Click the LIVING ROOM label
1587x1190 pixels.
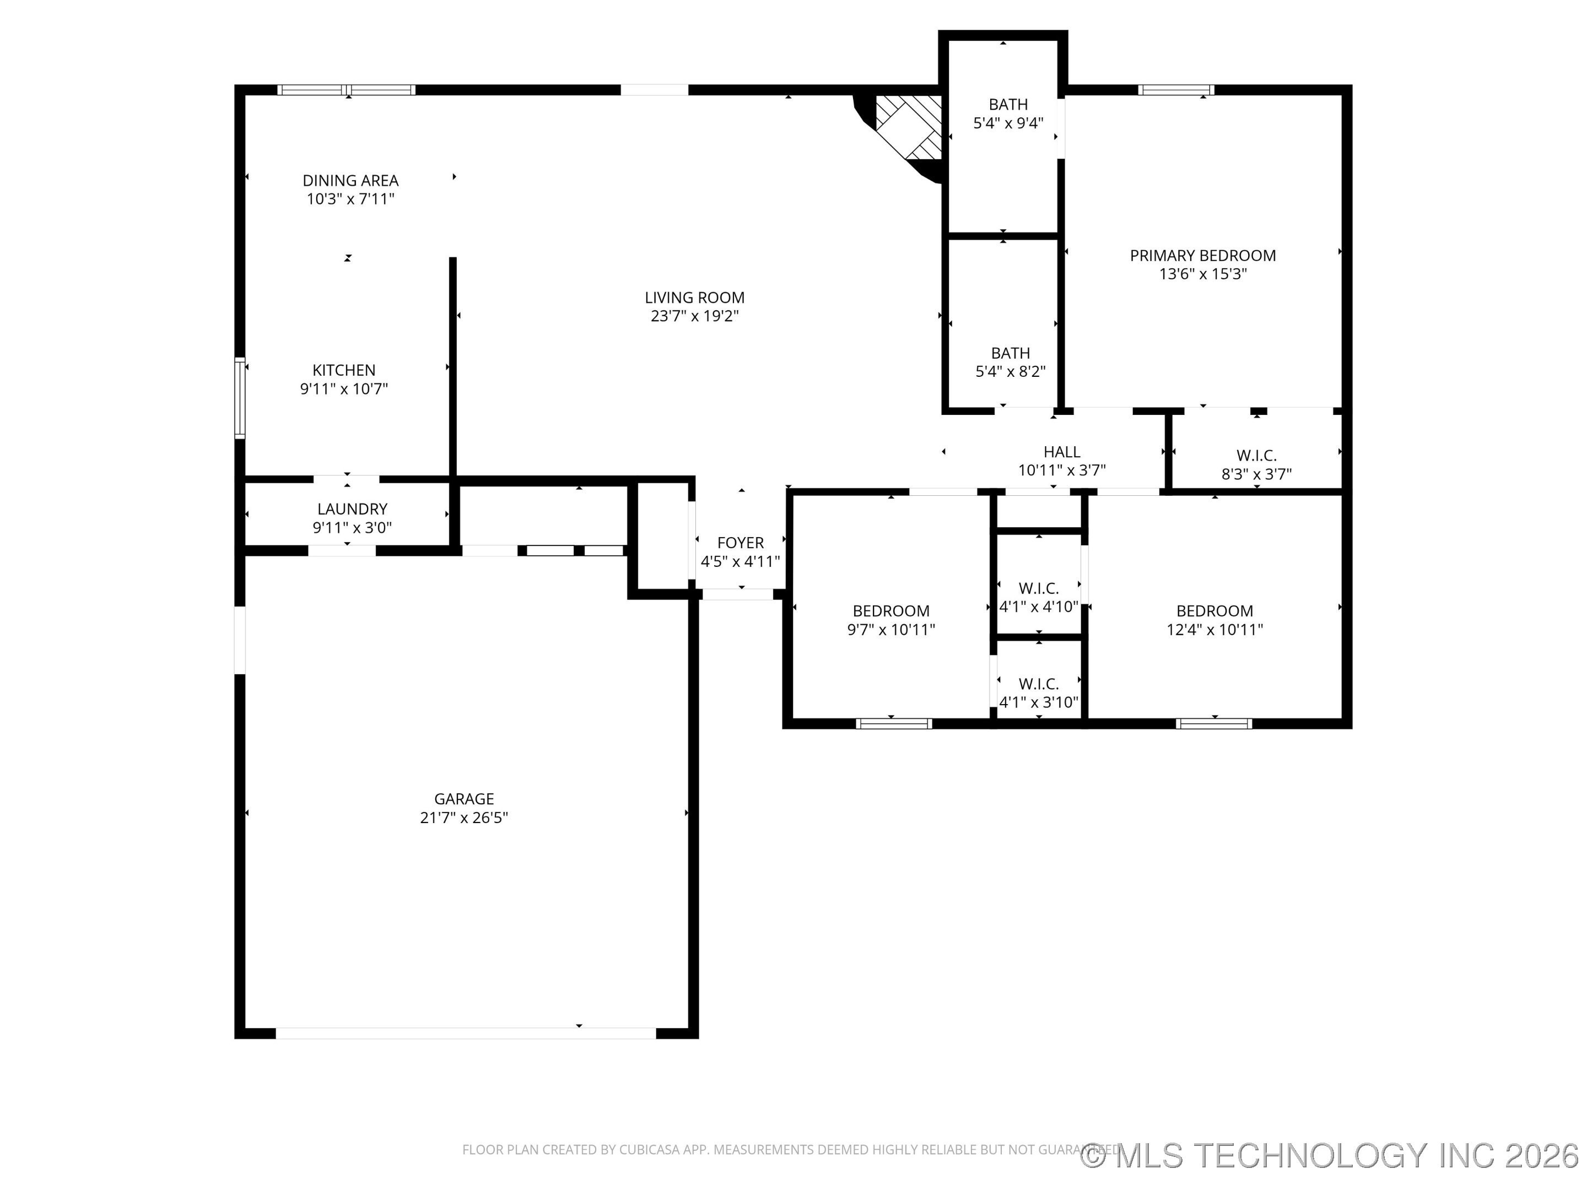694,297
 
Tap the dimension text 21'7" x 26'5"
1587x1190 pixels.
464,818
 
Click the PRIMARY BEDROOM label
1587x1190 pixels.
1203,256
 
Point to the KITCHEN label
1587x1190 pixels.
344,370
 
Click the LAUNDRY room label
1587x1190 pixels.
352,509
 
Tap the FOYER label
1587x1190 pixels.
741,543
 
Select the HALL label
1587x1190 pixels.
1062,452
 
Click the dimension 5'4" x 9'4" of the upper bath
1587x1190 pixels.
1008,123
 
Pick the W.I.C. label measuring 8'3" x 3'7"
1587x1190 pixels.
1257,456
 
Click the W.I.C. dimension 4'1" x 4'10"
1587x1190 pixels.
1039,607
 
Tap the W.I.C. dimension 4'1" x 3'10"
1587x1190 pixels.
1039,702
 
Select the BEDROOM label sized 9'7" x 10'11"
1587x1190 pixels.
891,611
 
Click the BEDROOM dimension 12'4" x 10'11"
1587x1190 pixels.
1214,630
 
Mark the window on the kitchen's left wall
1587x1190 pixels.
240,398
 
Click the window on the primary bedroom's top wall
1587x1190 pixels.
1176,90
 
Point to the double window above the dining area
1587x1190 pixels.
347,90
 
